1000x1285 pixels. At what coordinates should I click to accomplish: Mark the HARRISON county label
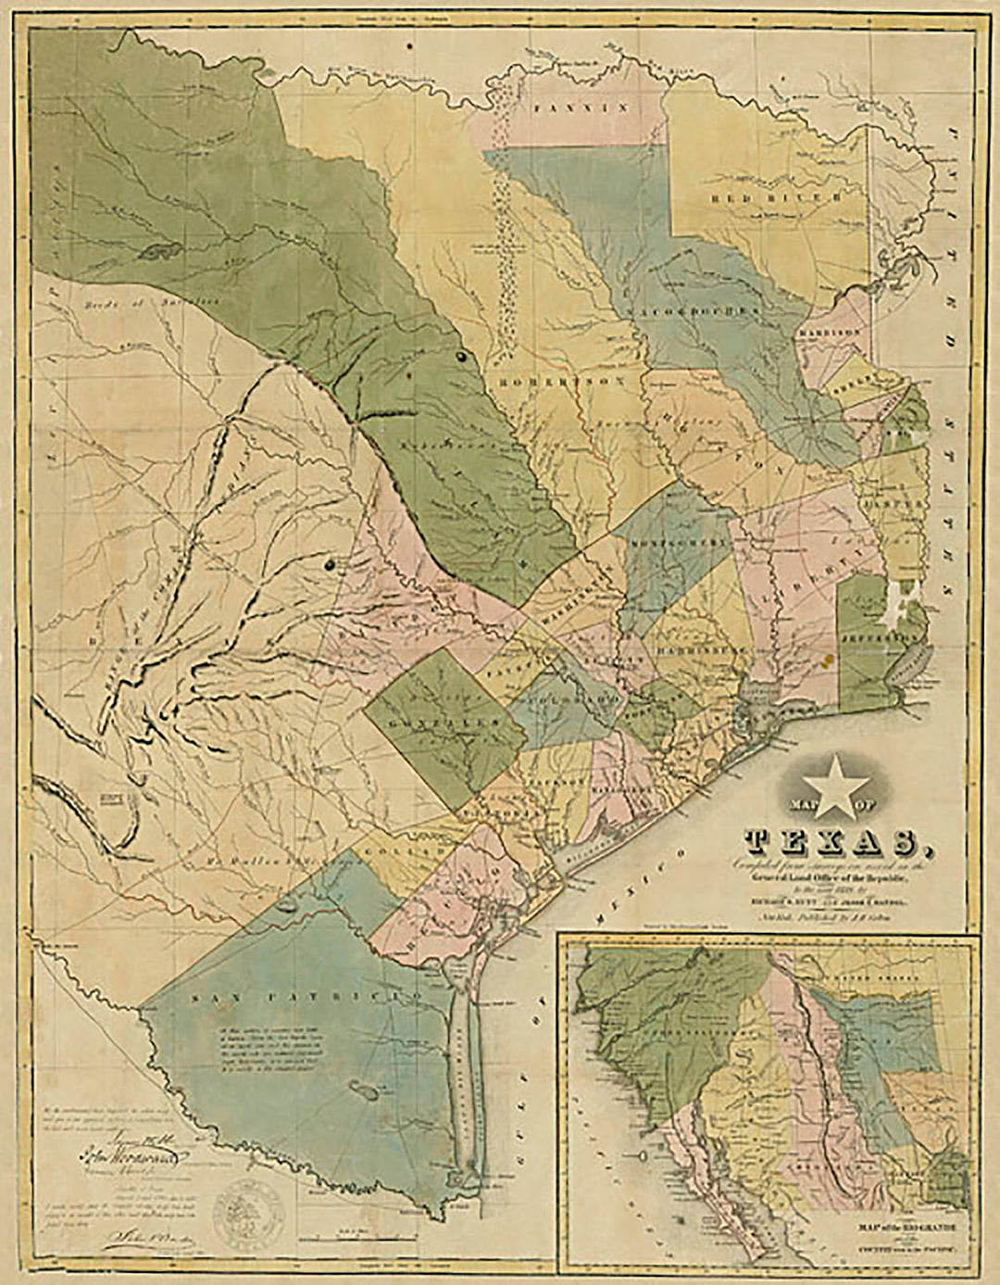(841, 330)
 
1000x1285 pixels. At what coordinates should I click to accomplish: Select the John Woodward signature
(134, 1158)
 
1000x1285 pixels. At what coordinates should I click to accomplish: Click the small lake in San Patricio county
(365, 1091)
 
